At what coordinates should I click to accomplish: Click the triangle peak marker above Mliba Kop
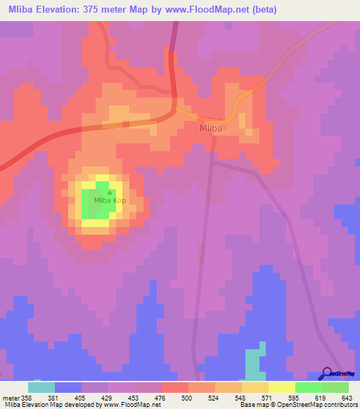pyautogui.click(x=109, y=191)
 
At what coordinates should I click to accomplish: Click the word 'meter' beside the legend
pyautogui.click(x=11, y=397)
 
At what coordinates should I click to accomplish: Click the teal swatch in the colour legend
pyautogui.click(x=41, y=387)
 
